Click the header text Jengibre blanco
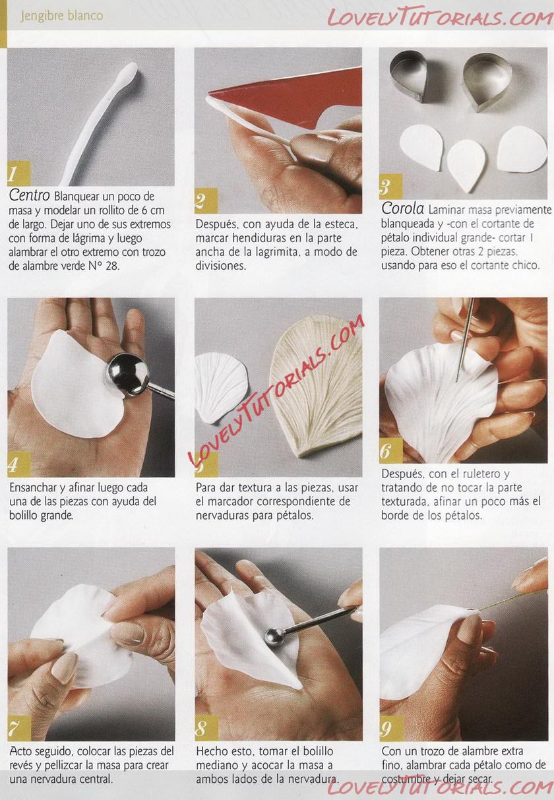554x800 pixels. [x=62, y=16]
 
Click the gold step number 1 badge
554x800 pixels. [x=18, y=173]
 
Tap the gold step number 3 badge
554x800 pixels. [x=390, y=187]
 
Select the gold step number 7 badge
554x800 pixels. [x=19, y=728]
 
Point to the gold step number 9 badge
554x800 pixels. [x=392, y=728]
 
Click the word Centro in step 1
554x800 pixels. [x=29, y=195]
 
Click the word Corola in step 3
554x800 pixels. [x=402, y=208]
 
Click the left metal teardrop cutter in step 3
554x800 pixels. [x=410, y=75]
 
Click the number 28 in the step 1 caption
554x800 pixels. [x=112, y=266]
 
